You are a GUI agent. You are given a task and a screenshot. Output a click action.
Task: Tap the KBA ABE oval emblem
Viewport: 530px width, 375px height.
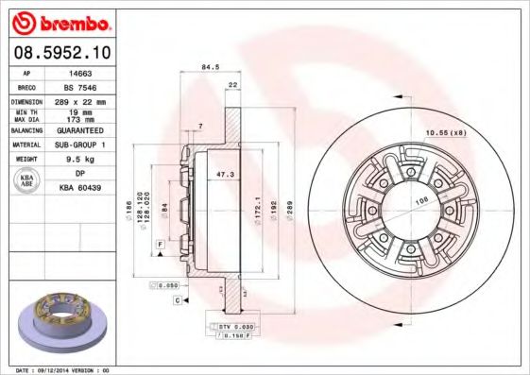(x=26, y=181)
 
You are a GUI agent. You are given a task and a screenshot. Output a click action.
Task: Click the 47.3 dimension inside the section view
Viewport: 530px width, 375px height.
(x=226, y=175)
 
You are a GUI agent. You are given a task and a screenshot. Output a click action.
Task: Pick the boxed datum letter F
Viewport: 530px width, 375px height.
(x=162, y=245)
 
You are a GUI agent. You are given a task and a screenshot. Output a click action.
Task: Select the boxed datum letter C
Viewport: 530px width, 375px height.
(x=177, y=299)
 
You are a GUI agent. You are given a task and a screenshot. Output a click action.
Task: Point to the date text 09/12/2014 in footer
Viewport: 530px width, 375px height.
(x=60, y=370)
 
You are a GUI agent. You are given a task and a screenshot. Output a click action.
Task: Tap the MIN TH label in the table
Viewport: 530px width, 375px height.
(x=26, y=112)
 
